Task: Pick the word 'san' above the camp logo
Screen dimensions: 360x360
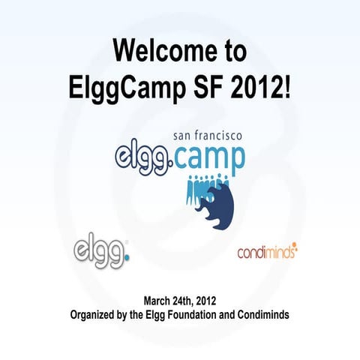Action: coord(184,138)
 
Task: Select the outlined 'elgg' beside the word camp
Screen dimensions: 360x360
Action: coord(144,158)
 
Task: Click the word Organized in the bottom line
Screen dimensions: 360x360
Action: coord(96,314)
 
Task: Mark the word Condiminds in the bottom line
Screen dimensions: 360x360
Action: coord(262,314)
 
